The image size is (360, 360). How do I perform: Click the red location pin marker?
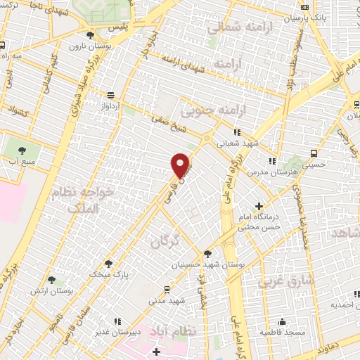[x=181, y=165]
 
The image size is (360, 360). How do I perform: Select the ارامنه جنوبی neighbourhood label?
[x=210, y=111]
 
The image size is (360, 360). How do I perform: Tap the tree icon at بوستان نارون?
[x=89, y=35]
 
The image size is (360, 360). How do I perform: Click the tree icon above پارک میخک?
[x=108, y=264]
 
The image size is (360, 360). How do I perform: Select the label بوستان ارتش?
[x=51, y=290]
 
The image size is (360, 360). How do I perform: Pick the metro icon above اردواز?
[x=110, y=95]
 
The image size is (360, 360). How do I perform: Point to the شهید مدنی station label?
[x=166, y=300]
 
